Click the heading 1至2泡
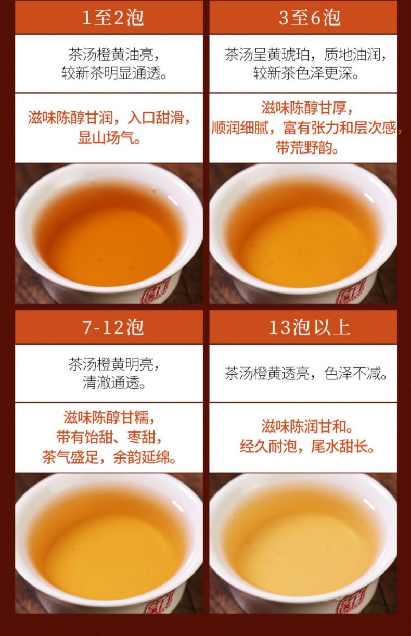coord(113,18)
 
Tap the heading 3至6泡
coord(310,18)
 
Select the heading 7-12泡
coord(113,327)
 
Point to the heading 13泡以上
coord(310,327)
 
